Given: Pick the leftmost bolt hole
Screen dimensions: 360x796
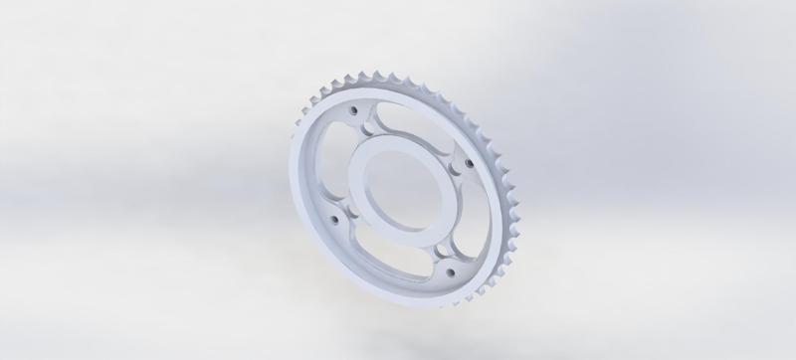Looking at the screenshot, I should tap(333, 217).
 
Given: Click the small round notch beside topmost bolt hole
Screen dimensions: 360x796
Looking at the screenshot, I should tap(369, 123).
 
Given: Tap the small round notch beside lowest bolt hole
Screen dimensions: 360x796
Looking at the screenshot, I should tap(439, 256).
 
